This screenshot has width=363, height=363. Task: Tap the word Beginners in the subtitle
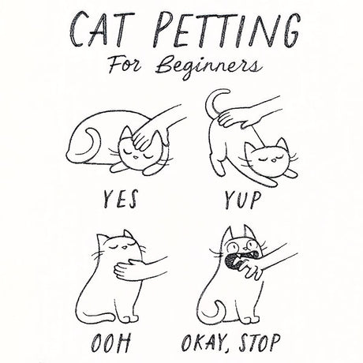[209, 67]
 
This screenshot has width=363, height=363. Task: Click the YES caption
[120, 199]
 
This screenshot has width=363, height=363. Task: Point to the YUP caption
[242, 200]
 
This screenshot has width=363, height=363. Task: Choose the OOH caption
[110, 343]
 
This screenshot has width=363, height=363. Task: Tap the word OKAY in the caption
[204, 343]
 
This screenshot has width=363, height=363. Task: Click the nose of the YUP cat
[274, 159]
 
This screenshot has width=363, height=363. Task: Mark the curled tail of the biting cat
[214, 310]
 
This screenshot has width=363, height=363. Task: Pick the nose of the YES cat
[135, 157]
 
